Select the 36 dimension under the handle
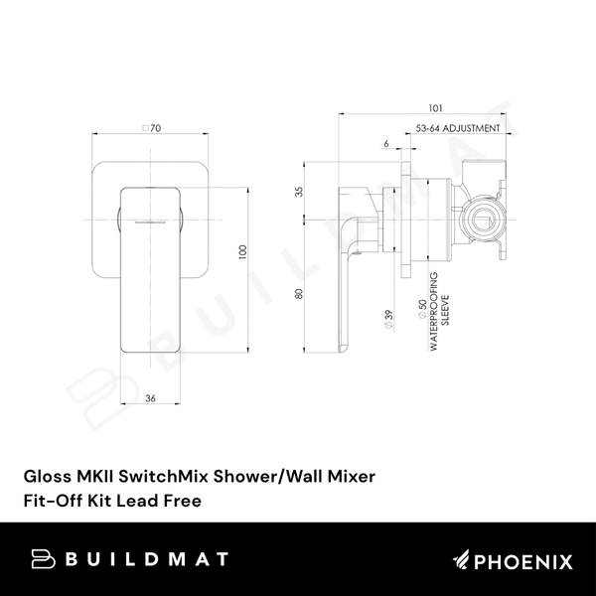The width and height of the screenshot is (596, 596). pyautogui.click(x=150, y=399)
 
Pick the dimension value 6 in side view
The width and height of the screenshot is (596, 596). pyautogui.click(x=385, y=145)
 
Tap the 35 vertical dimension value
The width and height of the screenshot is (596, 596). pyautogui.click(x=298, y=192)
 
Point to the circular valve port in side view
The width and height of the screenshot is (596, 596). pyautogui.click(x=483, y=214)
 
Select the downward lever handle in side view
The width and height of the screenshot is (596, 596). pyautogui.click(x=356, y=268)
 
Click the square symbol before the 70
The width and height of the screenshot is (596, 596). pyautogui.click(x=146, y=128)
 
